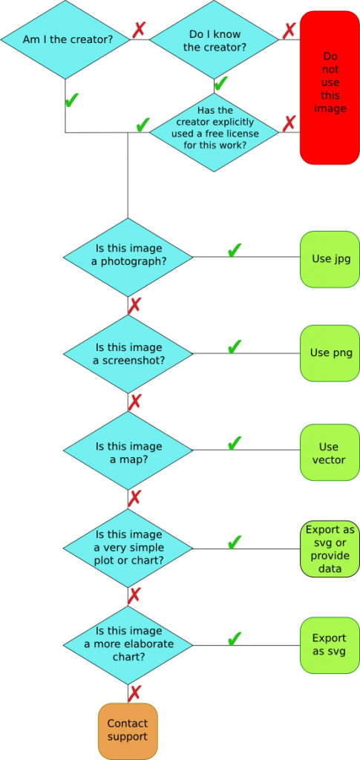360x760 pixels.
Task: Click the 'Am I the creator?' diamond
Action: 65,39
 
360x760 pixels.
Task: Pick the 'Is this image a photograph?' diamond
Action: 128,257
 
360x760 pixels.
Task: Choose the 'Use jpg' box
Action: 330,259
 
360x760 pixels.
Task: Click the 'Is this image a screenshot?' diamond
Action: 128,354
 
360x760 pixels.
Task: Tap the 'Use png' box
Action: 330,353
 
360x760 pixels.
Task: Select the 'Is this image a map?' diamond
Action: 128,451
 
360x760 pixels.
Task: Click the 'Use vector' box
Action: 330,453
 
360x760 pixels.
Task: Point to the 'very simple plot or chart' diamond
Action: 128,548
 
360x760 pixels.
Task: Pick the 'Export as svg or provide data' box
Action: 330,548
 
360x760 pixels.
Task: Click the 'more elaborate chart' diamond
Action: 128,645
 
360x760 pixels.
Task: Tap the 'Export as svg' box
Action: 330,645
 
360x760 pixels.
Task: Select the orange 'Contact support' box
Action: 128,731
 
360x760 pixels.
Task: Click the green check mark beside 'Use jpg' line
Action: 235,250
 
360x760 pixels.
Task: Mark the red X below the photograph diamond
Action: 134,305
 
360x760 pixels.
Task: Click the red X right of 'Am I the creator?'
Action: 139,30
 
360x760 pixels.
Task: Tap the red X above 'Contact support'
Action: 134,693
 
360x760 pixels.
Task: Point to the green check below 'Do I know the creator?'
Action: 221,84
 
